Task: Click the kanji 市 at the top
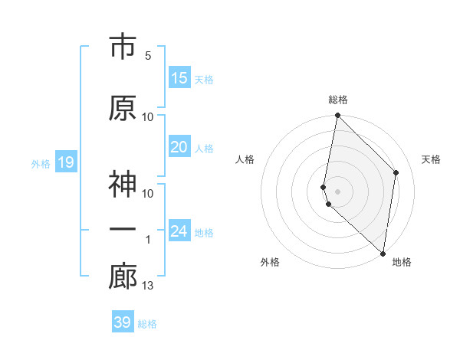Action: pyautogui.click(x=123, y=47)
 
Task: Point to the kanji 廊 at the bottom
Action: pyautogui.click(x=123, y=278)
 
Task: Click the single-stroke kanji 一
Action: pyautogui.click(x=123, y=231)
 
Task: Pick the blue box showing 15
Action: pyautogui.click(x=179, y=78)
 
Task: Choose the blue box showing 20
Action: pyautogui.click(x=179, y=147)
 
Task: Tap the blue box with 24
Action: pyautogui.click(x=179, y=231)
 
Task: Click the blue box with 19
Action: pyautogui.click(x=65, y=162)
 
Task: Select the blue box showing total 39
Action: pyautogui.click(x=123, y=322)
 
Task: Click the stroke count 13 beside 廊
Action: pyautogui.click(x=148, y=286)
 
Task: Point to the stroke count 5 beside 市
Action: pyautogui.click(x=148, y=56)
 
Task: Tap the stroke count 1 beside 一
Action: pyautogui.click(x=148, y=240)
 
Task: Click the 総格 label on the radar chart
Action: pyautogui.click(x=338, y=100)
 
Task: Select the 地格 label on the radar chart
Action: pyautogui.click(x=402, y=262)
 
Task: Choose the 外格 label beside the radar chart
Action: pyautogui.click(x=270, y=262)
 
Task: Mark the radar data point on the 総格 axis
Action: pyautogui.click(x=337, y=116)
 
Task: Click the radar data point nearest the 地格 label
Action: pyautogui.click(x=383, y=253)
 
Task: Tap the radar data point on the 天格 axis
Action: pyautogui.click(x=396, y=172)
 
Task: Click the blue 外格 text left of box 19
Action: pyautogui.click(x=40, y=163)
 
